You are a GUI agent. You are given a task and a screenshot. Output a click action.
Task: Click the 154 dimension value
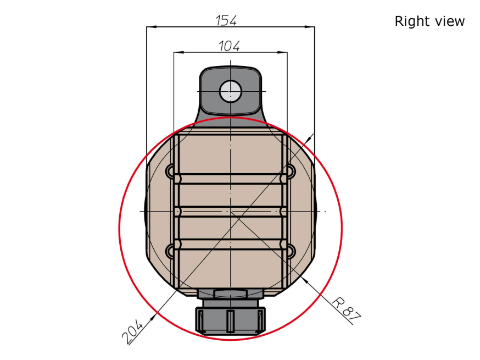[x=226, y=20]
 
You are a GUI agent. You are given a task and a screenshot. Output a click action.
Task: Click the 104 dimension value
[x=229, y=46]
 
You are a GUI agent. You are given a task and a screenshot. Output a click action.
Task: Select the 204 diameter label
[x=132, y=332]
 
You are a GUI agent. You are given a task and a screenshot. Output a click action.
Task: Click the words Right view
[x=429, y=21]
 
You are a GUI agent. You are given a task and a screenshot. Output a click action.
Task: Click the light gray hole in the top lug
[x=231, y=91]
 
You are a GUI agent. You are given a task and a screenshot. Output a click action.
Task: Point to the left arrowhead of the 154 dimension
[x=152, y=27]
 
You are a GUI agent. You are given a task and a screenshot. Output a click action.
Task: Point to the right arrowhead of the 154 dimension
[x=310, y=27]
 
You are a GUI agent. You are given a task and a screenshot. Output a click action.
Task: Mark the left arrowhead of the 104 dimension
[x=179, y=52]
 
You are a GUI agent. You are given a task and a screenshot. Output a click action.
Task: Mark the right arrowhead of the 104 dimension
[x=282, y=52]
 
